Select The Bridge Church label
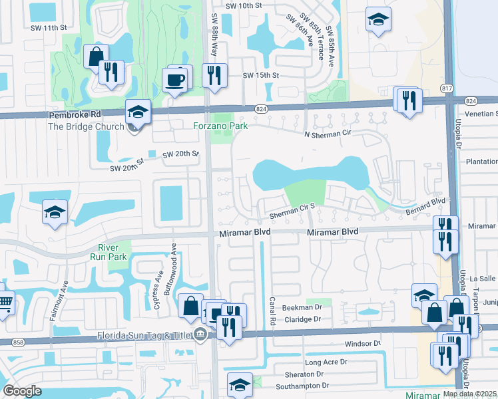pos(86,126)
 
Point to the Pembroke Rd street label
pos(74,114)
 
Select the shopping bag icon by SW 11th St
pos(96,56)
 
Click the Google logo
pos(21,391)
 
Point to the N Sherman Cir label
pos(329,136)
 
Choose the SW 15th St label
pos(261,76)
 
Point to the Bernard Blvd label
pos(425,205)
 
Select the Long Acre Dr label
pos(326,362)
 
